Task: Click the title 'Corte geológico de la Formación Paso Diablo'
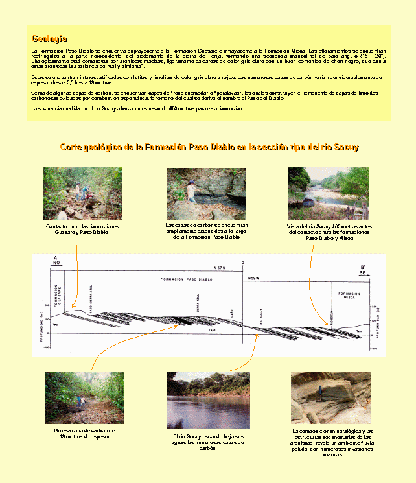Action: [209, 148]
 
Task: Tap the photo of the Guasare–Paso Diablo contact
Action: [82, 193]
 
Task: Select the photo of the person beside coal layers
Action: [206, 194]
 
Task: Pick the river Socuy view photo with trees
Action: [328, 193]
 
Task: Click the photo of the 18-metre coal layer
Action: [84, 398]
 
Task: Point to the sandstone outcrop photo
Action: [330, 398]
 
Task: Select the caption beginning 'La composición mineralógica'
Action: [332, 443]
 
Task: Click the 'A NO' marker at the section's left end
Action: [56, 261]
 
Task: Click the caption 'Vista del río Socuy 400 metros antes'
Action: [328, 232]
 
